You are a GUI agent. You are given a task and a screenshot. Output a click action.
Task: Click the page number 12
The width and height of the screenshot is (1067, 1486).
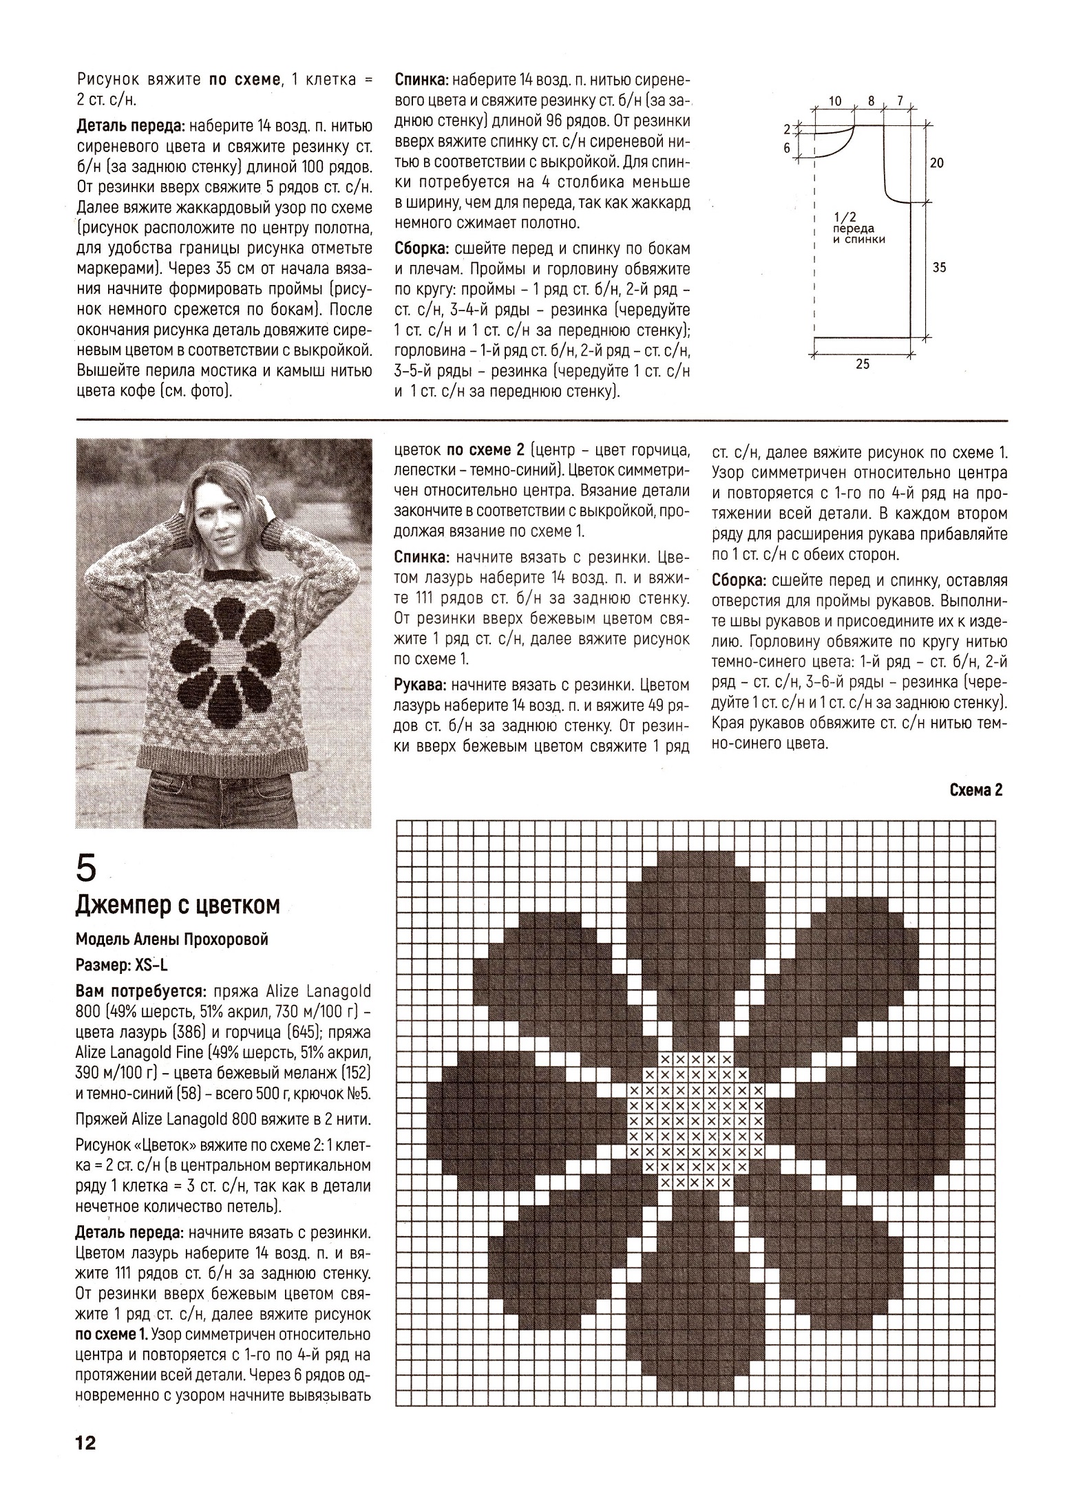pyautogui.click(x=87, y=1443)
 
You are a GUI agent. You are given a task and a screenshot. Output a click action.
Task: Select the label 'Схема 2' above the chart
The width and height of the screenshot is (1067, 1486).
pyautogui.click(x=975, y=790)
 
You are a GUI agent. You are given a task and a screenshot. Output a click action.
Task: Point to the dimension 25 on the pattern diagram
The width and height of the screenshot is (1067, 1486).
pyautogui.click(x=863, y=365)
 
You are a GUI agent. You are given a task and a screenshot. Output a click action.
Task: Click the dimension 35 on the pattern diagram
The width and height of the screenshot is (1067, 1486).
pyautogui.click(x=939, y=268)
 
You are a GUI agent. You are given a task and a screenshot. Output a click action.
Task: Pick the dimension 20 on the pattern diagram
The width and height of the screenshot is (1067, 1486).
pyautogui.click(x=937, y=163)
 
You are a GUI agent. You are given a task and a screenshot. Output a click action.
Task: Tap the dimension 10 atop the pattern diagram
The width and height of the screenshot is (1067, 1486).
pyautogui.click(x=834, y=101)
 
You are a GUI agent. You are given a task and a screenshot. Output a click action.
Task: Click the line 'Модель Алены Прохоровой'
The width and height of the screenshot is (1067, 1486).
pyautogui.click(x=171, y=940)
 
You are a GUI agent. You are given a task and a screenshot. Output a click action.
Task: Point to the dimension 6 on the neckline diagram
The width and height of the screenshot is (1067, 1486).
pyautogui.click(x=787, y=147)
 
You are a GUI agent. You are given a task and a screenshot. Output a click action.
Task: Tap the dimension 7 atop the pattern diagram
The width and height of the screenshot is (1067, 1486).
pyautogui.click(x=900, y=101)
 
